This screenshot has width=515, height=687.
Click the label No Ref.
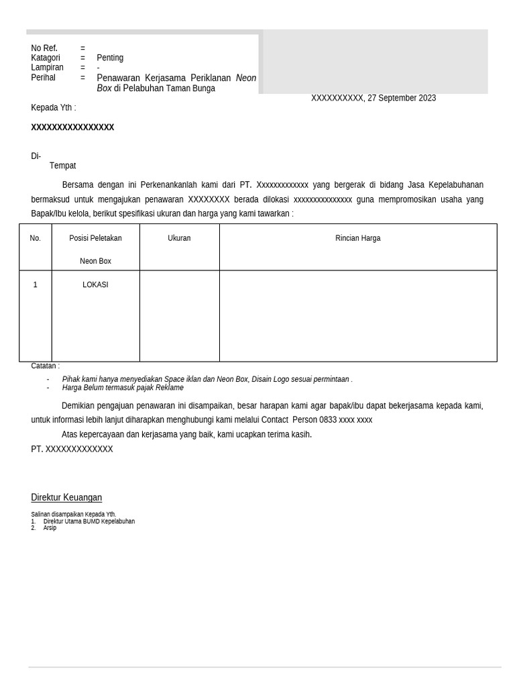pos(44,48)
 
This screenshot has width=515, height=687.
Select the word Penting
pos(110,58)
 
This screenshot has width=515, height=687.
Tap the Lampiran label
pos(47,68)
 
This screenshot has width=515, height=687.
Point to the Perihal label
pos(43,78)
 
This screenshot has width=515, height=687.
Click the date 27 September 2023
pos(401,98)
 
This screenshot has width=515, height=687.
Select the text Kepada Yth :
pos(54,108)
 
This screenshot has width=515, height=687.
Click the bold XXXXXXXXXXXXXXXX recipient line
pos(72,127)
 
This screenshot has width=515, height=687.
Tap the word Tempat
pos(62,166)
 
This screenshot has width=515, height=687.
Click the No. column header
pos(36,238)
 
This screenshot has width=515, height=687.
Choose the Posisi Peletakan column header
pos(95,238)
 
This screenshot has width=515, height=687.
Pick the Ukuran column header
pos(179,238)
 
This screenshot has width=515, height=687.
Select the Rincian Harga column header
pos(357,238)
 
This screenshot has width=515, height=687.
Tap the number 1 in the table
pos(36,285)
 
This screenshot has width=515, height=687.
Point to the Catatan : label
pos(45,366)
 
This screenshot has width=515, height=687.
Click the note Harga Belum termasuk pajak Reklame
pos(123,388)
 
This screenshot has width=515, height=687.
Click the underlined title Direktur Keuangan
pos(66,498)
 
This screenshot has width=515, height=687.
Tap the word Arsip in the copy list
pos(50,528)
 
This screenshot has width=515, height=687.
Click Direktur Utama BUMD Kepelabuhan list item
pos(89,521)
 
